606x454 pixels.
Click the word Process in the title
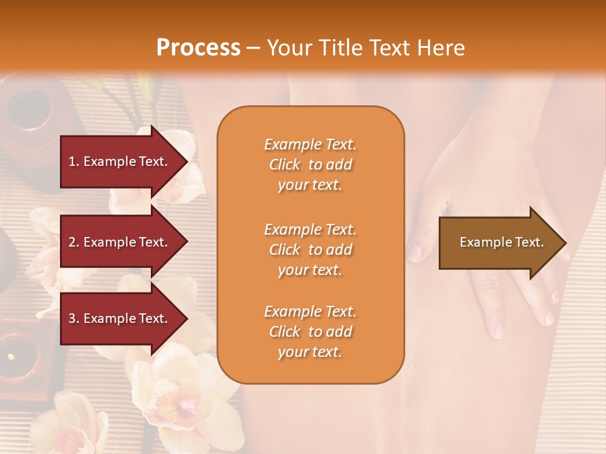click(x=198, y=48)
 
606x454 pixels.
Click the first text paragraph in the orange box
click(x=310, y=165)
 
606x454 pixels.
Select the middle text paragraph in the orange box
click(x=310, y=250)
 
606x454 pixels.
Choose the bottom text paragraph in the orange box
click(x=310, y=332)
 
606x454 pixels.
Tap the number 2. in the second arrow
click(x=74, y=242)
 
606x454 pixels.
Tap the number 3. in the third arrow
click(x=74, y=318)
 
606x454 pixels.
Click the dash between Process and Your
click(x=253, y=48)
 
